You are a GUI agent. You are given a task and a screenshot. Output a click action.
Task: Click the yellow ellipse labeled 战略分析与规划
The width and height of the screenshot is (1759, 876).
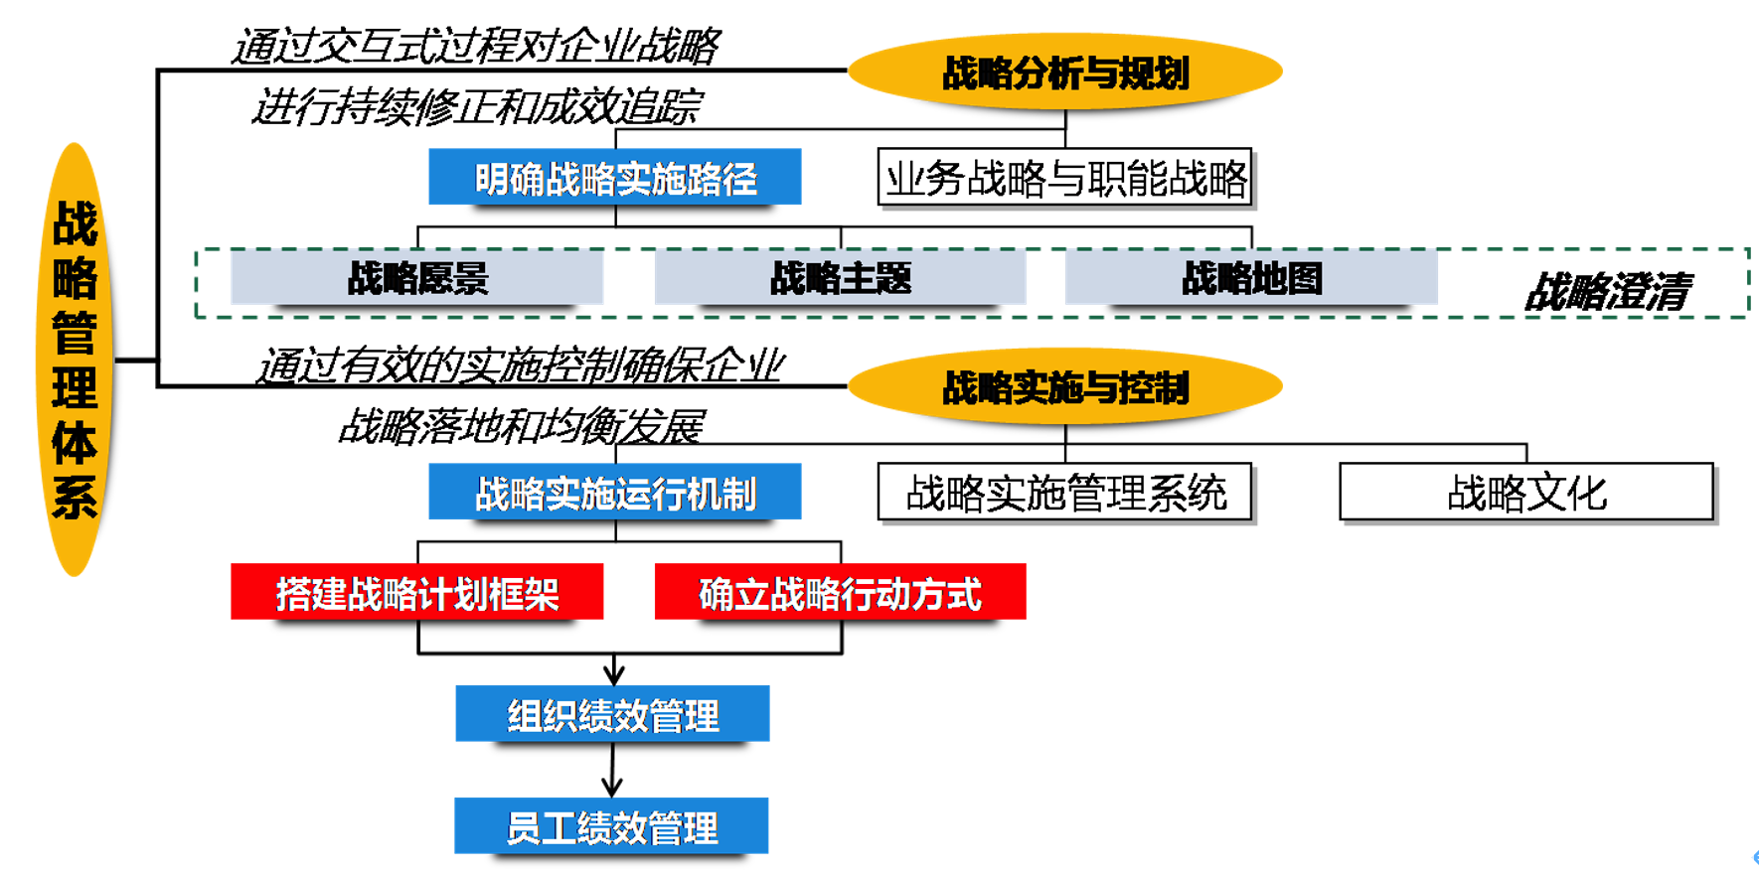click(1064, 73)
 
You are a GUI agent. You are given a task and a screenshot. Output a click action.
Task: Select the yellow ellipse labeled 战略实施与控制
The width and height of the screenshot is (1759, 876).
click(1064, 387)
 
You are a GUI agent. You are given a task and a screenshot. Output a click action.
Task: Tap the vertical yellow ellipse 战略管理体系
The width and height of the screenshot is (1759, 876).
click(75, 360)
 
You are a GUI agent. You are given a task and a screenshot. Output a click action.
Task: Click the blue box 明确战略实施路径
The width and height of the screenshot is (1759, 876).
click(615, 178)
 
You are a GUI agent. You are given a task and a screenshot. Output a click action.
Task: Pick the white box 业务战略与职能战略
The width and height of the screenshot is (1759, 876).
click(1064, 179)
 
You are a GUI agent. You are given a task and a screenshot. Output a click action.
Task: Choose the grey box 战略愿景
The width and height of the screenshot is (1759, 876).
click(417, 278)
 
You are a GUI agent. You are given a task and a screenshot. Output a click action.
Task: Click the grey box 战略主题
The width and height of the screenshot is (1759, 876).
click(841, 278)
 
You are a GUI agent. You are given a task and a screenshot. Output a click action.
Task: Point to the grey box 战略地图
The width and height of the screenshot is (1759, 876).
click(1251, 278)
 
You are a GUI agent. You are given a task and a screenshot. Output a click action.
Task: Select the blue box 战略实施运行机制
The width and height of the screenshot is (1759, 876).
click(615, 493)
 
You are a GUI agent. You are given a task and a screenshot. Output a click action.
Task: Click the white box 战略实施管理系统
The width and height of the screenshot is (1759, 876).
click(1064, 493)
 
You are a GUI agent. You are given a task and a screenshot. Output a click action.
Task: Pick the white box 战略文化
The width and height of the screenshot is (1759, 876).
click(1526, 493)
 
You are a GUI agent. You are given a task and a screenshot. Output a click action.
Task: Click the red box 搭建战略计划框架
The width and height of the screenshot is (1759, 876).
click(417, 593)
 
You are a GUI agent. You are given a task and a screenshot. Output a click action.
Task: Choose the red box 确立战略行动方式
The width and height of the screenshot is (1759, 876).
click(841, 593)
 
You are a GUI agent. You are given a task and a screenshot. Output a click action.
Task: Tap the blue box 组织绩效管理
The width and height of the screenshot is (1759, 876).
click(612, 714)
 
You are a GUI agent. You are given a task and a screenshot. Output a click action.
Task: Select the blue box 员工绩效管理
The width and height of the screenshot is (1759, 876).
click(611, 826)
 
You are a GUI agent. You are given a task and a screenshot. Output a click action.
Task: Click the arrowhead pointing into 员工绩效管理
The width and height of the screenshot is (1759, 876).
click(612, 789)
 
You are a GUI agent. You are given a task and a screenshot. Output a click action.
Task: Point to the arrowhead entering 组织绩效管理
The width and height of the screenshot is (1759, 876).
click(614, 675)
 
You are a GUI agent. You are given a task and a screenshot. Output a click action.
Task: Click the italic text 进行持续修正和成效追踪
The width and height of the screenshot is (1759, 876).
click(477, 106)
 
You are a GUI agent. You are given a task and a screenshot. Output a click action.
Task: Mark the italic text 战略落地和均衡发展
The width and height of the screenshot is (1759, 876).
click(522, 426)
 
